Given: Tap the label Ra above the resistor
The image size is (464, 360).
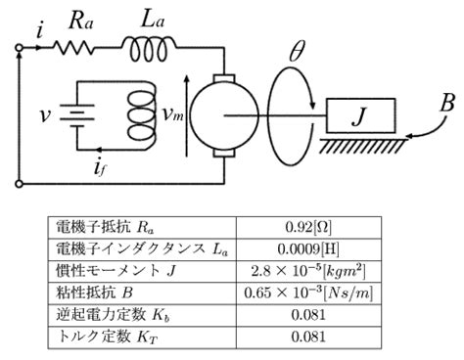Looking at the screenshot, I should click(x=80, y=18).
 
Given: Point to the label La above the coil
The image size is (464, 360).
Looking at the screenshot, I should click(x=144, y=17).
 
